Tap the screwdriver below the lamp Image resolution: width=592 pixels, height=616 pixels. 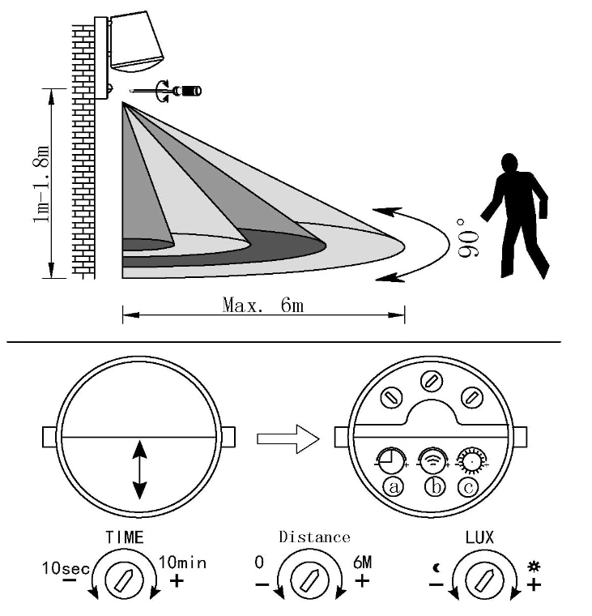166,91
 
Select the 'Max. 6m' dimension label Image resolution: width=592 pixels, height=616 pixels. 263,306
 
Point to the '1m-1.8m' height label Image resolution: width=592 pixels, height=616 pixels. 42,184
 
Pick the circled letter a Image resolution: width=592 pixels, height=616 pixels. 393,487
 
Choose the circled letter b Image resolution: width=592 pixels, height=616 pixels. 436,487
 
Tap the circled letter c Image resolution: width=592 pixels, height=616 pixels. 468,487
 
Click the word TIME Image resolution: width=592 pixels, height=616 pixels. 125,537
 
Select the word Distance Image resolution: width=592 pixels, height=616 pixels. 314,537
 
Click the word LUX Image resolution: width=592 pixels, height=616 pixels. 479,537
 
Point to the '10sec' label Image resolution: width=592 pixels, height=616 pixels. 66,568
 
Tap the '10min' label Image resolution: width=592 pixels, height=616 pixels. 182,563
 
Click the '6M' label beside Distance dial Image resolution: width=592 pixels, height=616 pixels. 362,563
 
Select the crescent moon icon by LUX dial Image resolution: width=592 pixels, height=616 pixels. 437,568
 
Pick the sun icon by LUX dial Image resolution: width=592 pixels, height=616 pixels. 534,567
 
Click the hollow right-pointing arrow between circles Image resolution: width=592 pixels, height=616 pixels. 288,438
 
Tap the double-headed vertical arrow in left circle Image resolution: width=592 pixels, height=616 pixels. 140,470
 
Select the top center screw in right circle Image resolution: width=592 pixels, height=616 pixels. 432,381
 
